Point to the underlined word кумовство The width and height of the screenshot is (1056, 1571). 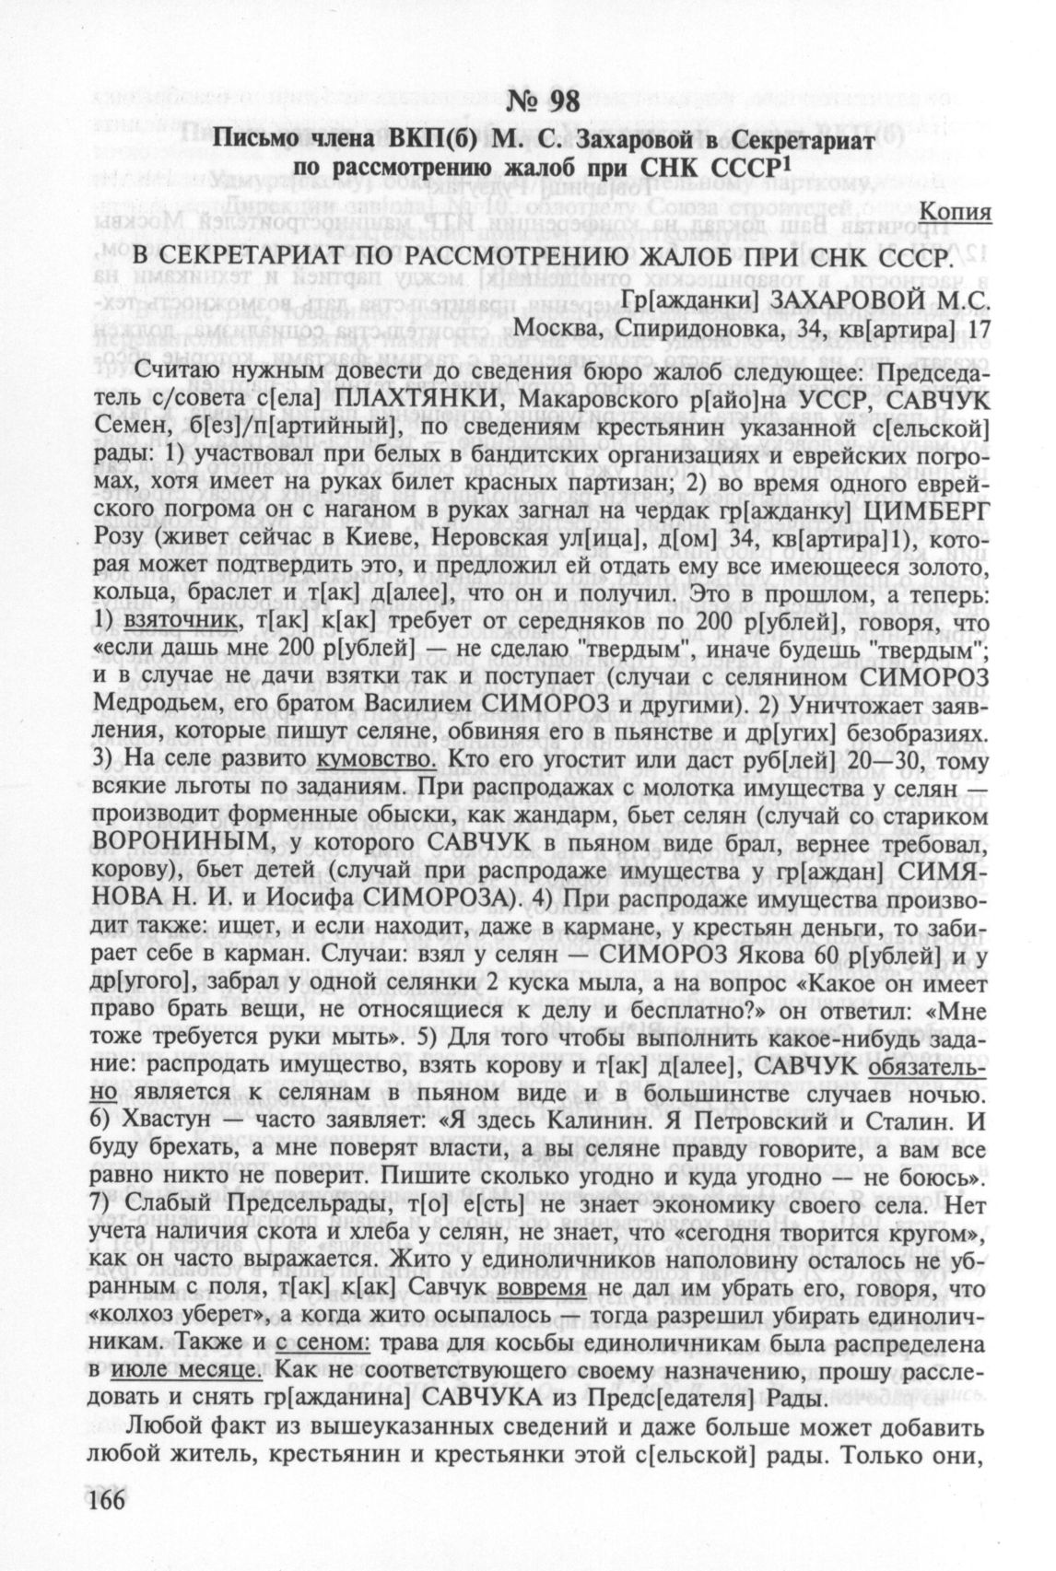376,759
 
